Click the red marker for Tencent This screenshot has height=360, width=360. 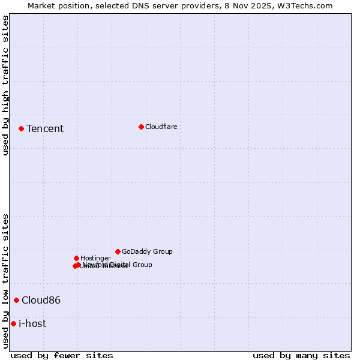21,128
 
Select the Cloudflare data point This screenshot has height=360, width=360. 141,127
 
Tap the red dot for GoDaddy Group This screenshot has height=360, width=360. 118,251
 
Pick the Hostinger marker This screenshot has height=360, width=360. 76,258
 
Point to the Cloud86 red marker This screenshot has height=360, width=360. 16,300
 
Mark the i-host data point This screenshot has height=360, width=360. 13,323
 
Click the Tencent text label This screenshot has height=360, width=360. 45,128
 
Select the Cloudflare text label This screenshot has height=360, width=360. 161,127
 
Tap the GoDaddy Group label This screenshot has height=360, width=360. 147,251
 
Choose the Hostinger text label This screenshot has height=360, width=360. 95,258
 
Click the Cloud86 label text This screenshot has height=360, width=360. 41,300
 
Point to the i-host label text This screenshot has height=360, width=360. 32,323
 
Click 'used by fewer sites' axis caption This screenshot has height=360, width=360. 62,355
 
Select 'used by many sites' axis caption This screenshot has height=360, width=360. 301,355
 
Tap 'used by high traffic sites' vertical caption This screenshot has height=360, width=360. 5,85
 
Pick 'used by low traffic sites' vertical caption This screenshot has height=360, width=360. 5,281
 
